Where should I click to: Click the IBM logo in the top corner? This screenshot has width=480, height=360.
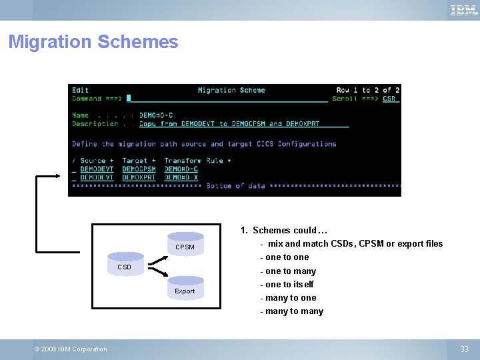click(463, 10)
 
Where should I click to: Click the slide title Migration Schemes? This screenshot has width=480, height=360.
click(93, 42)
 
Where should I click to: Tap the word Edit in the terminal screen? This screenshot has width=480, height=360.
click(80, 90)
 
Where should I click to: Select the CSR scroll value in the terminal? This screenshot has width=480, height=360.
click(389, 99)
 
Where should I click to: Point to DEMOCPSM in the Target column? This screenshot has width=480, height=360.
click(139, 169)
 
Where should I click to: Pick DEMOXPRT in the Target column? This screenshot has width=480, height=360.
click(139, 177)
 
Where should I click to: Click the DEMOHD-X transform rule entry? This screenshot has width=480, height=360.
click(181, 177)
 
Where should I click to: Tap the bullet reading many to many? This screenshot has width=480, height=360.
click(293, 311)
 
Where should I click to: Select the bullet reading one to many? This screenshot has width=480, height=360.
click(290, 271)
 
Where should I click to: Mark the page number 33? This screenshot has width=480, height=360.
click(464, 349)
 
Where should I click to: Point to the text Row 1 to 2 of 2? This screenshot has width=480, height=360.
click(367, 90)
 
